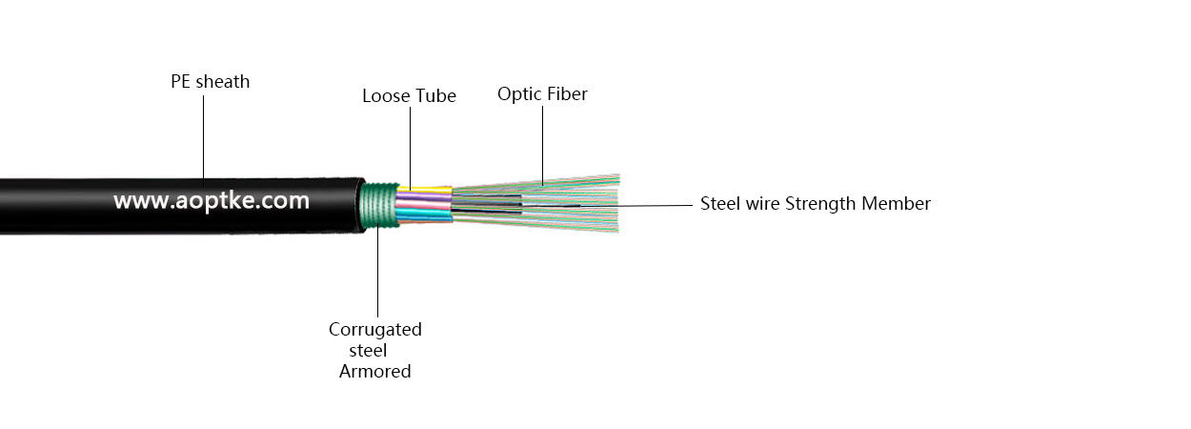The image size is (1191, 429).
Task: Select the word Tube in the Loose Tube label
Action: click(436, 96)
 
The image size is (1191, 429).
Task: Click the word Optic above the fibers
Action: click(519, 94)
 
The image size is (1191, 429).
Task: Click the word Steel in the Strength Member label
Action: click(720, 203)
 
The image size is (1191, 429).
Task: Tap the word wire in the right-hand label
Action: click(762, 203)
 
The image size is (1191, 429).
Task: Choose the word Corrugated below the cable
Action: click(375, 330)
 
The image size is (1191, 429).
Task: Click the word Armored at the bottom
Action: click(375, 372)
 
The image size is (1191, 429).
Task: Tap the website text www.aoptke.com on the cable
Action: click(212, 201)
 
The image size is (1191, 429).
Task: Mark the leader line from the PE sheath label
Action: click(203, 133)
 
